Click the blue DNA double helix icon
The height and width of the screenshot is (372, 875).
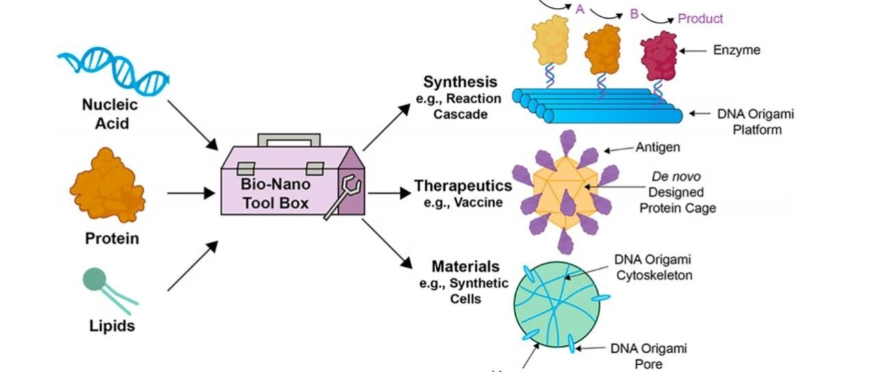point(113,70)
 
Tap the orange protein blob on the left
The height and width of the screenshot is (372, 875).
point(107,185)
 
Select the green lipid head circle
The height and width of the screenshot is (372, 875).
point(94,279)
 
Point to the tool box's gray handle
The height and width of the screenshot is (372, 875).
point(289,139)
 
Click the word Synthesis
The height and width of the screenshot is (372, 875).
point(460,82)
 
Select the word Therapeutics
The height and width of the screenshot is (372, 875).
point(463,185)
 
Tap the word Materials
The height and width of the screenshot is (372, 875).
point(466,267)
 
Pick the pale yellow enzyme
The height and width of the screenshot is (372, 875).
point(550,40)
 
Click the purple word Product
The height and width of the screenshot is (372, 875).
point(700,18)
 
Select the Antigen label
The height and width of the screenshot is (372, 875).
point(658,147)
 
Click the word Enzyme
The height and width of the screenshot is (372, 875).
point(737,50)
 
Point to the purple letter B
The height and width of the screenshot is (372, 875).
point(634,14)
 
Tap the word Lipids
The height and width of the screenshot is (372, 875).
point(112,326)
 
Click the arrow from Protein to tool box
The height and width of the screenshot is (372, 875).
point(191,193)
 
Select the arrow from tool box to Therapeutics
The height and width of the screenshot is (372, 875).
point(390,193)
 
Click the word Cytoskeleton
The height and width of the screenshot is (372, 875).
point(654,276)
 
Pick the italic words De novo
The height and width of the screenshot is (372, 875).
point(676,176)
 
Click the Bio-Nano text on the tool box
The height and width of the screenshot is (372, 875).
point(275,184)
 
